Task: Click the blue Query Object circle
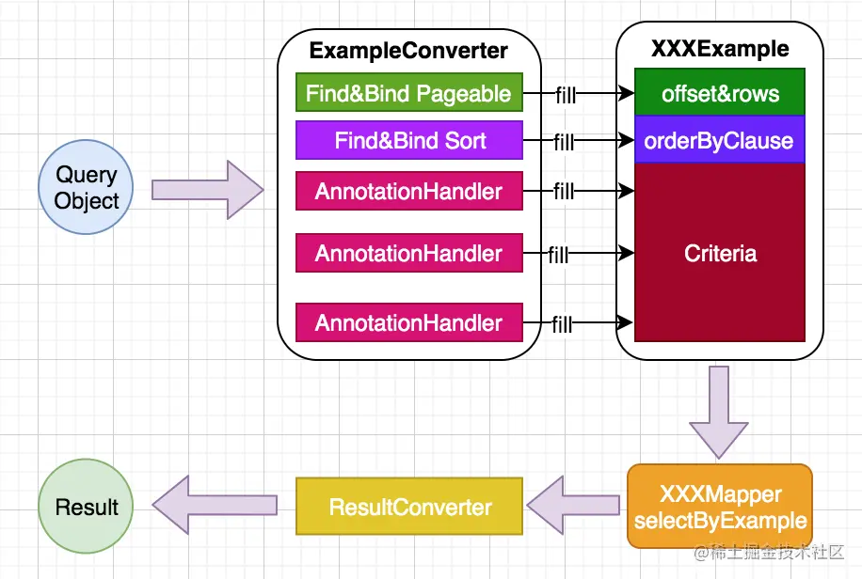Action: (87, 188)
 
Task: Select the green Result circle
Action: (87, 508)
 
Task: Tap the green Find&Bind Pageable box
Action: (408, 93)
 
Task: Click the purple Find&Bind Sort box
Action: (408, 142)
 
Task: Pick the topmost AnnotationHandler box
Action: (408, 192)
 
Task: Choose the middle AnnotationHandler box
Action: (408, 254)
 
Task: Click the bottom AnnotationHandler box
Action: (408, 323)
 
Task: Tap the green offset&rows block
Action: (720, 93)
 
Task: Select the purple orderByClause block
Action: (720, 141)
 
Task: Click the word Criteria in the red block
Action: (720, 253)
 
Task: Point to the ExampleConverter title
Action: (408, 51)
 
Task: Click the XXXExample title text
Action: (720, 49)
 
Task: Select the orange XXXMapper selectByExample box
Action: (720, 507)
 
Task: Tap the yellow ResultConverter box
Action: (409, 508)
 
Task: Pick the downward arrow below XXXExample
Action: (720, 411)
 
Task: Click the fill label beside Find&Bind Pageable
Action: (565, 94)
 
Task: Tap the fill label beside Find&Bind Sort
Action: (564, 143)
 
